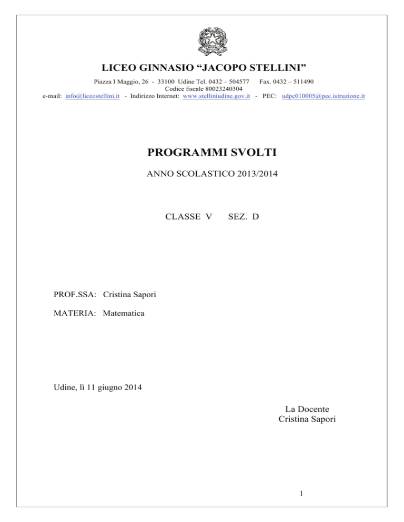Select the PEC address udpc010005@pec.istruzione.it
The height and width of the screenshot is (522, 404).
click(324, 97)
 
